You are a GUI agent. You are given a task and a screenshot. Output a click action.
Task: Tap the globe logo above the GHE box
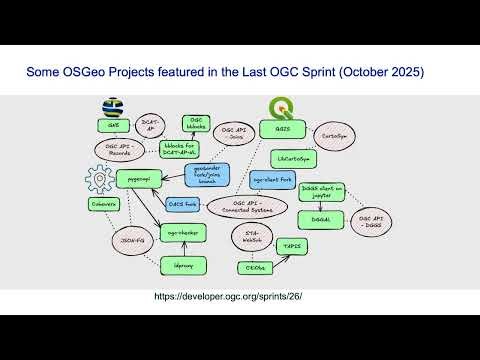pos(112,108)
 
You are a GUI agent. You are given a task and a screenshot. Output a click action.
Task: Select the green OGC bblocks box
pos(196,123)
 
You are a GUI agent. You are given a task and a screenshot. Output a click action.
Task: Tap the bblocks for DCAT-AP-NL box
pos(186,149)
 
